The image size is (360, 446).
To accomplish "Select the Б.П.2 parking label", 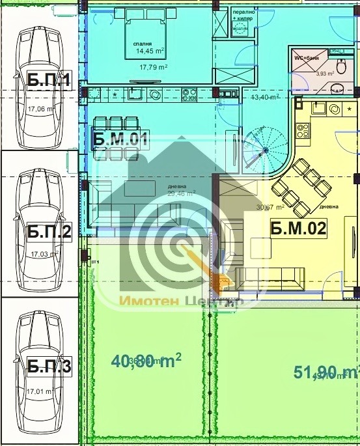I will (x=49, y=232).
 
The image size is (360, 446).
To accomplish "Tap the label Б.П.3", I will (x=49, y=366).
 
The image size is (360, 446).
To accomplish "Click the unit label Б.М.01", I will (x=121, y=138).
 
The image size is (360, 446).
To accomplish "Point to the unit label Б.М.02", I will (x=298, y=228).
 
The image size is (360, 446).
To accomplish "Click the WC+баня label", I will (x=309, y=58).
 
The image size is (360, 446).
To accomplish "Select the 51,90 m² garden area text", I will (x=325, y=372).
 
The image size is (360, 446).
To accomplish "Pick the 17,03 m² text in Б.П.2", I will (x=45, y=255).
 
